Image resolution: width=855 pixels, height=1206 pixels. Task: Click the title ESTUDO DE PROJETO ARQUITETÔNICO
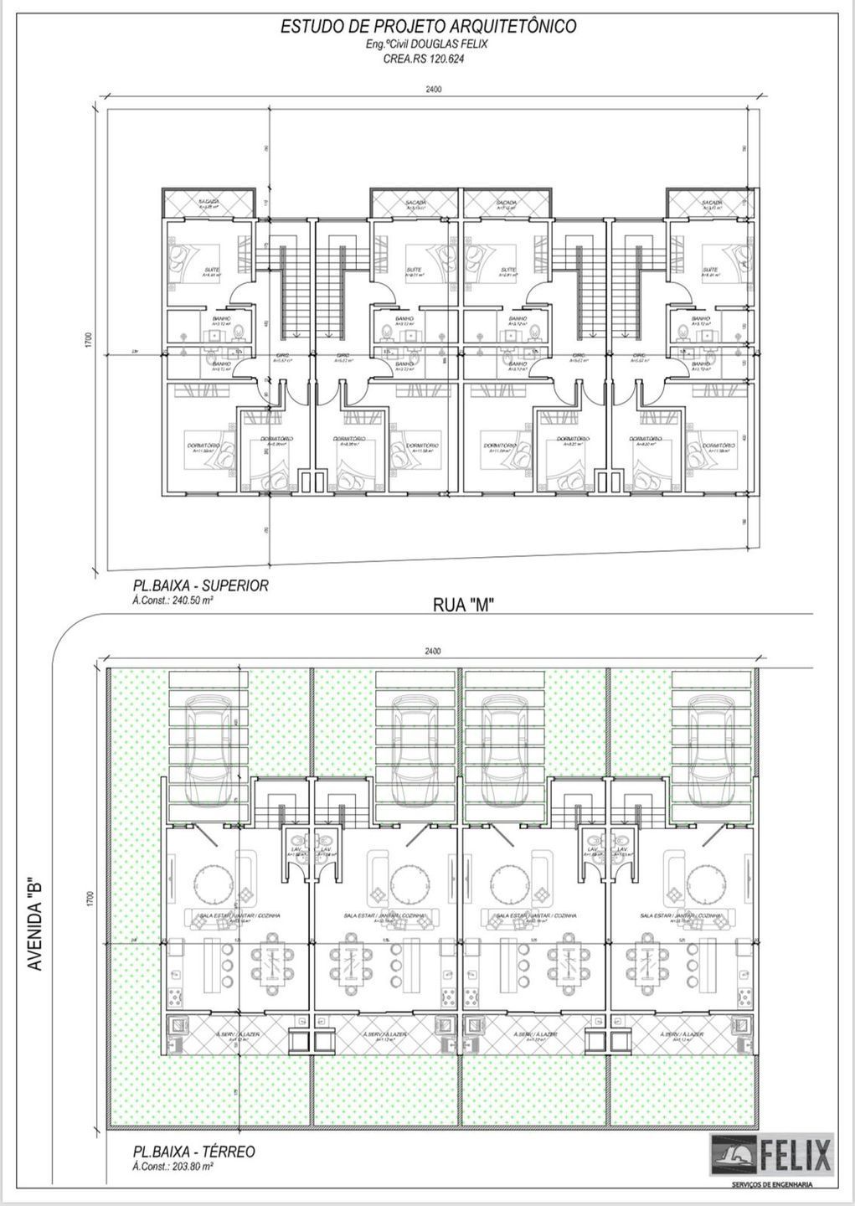[428, 27]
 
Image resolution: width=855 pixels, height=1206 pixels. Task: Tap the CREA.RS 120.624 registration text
[427, 59]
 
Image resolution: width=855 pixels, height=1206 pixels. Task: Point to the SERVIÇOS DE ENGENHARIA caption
[772, 1183]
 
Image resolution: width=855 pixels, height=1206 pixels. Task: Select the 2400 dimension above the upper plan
[433, 90]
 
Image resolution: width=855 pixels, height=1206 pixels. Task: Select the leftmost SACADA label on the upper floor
[209, 202]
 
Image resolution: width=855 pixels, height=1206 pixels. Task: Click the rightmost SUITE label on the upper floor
[712, 270]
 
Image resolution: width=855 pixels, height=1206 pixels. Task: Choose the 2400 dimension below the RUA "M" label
[433, 651]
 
